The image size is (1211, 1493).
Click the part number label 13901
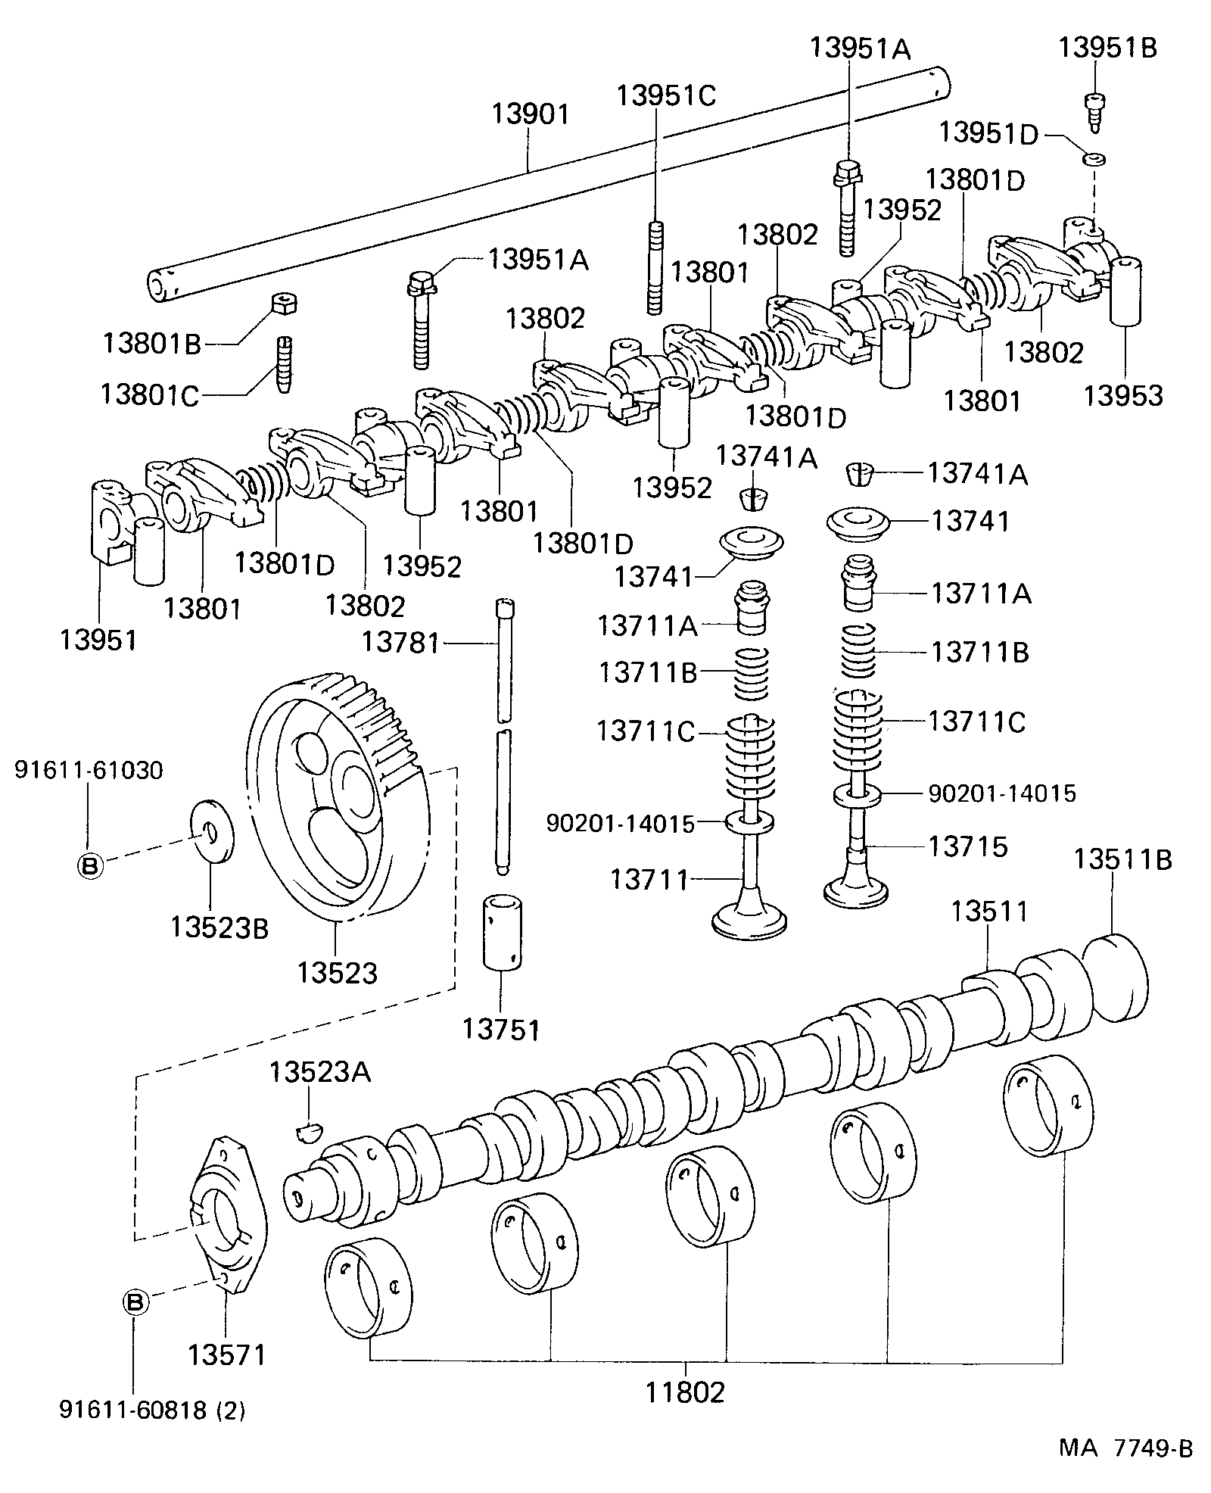coord(530,114)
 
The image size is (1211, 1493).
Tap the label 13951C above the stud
coord(665,95)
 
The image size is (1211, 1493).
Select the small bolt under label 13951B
coord(1094,111)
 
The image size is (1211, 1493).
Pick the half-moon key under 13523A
coord(308,1131)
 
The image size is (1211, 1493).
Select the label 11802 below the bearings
coord(685,1392)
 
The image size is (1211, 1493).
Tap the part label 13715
coord(968,846)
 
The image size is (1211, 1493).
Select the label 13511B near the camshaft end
coord(1122,859)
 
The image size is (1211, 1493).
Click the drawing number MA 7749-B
coord(1125,1448)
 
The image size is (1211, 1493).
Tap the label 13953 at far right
coord(1122,395)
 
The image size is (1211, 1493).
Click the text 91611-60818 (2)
coord(152,1410)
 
